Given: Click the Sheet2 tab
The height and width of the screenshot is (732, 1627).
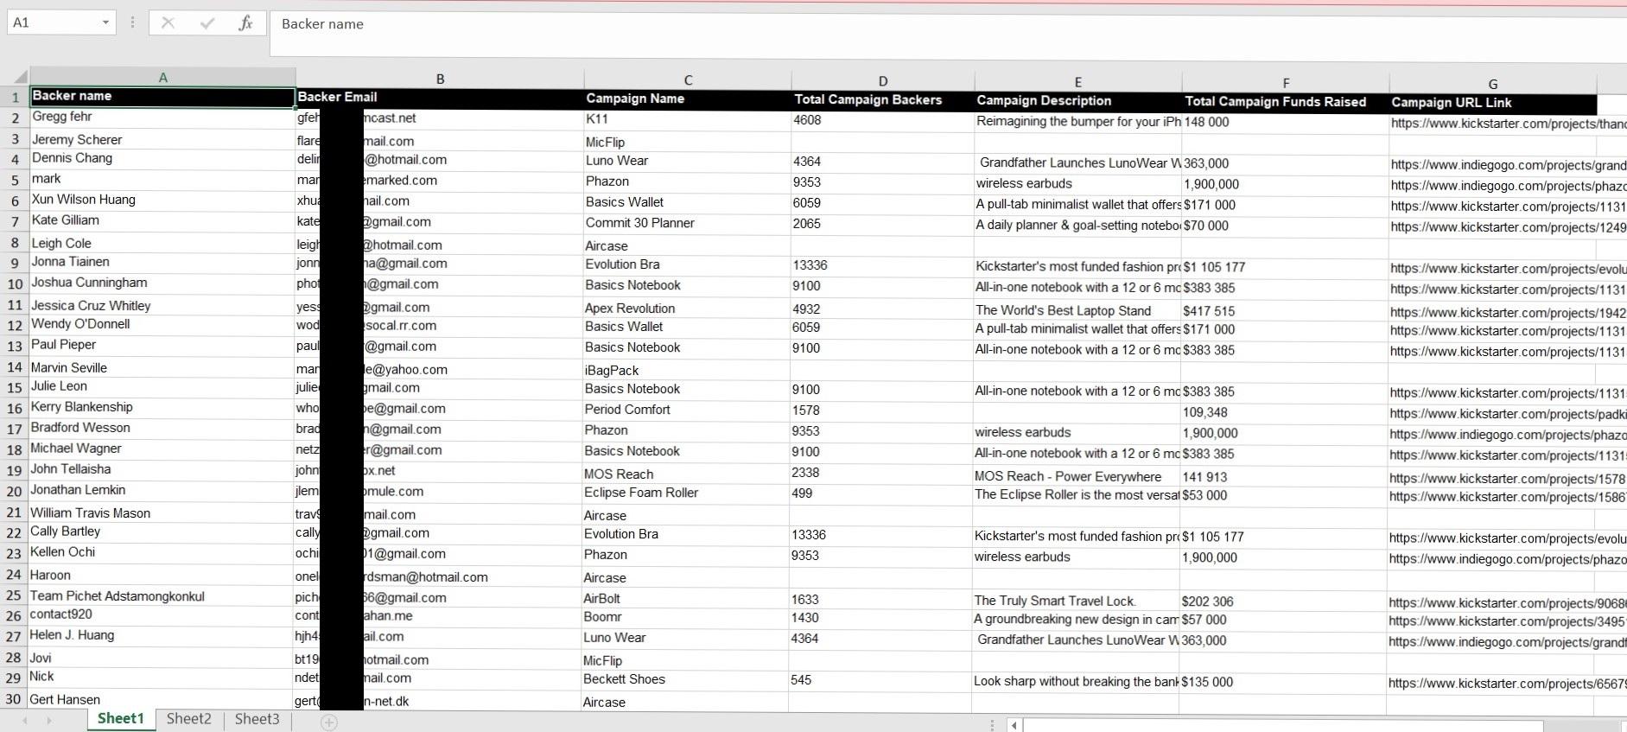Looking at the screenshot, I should [x=188, y=719].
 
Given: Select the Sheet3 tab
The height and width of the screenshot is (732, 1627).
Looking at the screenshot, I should [x=257, y=719].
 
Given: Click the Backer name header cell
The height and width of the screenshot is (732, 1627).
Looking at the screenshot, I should [x=72, y=96].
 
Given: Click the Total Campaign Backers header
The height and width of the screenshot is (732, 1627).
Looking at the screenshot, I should [x=868, y=99].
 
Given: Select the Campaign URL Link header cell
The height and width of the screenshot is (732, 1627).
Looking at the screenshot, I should [x=1451, y=102].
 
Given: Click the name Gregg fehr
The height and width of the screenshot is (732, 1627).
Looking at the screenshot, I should [x=62, y=117].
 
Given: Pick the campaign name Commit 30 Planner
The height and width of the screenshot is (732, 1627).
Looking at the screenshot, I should [x=639, y=223].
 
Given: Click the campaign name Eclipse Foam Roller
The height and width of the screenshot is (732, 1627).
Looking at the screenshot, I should [x=640, y=493].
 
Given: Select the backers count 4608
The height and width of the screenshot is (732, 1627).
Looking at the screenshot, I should [x=807, y=120].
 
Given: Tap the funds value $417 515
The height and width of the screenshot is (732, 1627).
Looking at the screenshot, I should [x=1209, y=311].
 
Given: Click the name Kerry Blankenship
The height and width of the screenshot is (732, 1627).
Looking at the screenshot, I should [x=82, y=407].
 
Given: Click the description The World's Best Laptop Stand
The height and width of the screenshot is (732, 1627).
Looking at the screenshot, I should [x=1063, y=310].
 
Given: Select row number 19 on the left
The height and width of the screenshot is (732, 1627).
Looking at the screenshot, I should [x=14, y=470].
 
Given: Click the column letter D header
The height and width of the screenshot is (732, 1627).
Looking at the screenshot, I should [x=882, y=81].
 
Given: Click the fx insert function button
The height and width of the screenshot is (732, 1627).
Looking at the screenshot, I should [x=245, y=23].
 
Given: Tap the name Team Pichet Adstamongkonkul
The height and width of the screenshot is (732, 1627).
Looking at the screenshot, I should [x=118, y=596].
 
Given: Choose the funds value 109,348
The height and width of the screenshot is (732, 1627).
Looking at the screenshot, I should [x=1204, y=412].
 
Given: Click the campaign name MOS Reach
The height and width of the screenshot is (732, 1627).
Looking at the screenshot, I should [x=618, y=474].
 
